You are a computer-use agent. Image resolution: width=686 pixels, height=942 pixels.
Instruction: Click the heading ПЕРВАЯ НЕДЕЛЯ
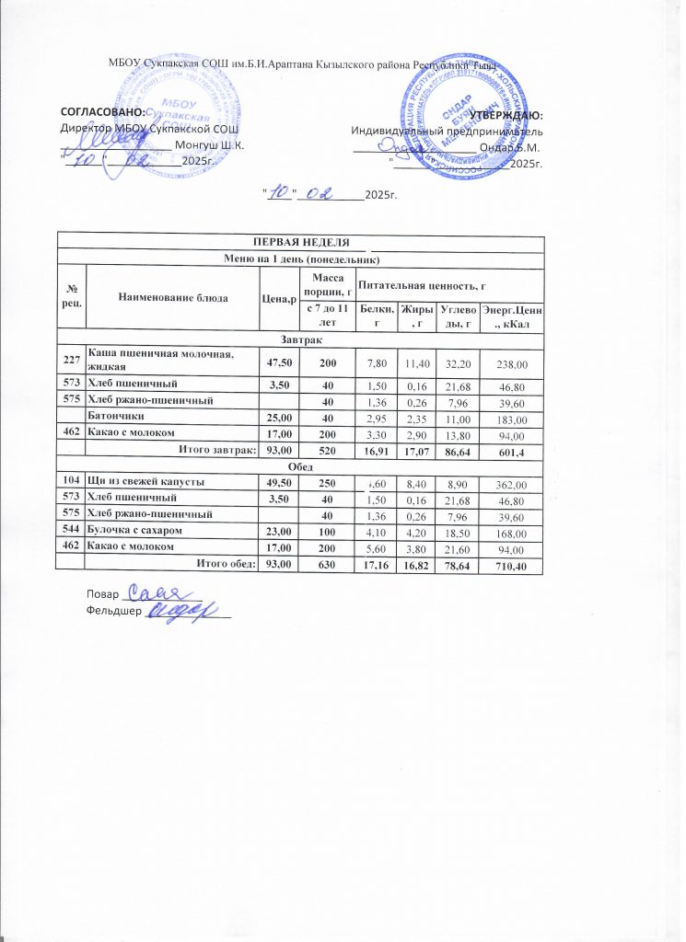301,241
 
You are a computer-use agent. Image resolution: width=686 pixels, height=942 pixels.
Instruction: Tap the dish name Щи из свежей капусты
145,482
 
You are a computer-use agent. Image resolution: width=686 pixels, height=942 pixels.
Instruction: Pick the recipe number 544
71,532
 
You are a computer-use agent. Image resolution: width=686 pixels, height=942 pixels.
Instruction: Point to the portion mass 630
327,565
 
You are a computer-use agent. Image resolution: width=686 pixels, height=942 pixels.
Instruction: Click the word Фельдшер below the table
108,609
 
